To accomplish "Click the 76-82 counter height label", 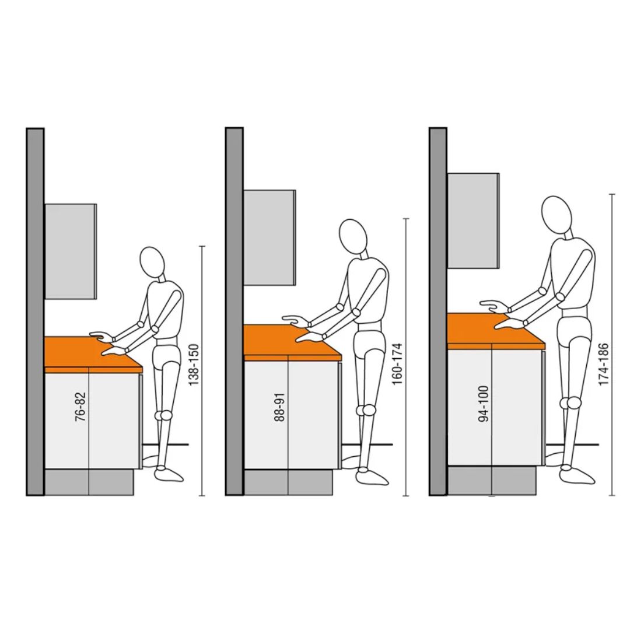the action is (80, 407).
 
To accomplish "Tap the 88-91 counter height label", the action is (279, 407).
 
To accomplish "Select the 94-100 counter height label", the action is (484, 404).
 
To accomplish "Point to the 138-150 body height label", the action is (194, 365).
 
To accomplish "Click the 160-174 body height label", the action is (397, 363).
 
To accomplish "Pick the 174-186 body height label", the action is (603, 364).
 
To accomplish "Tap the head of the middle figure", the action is (353, 236).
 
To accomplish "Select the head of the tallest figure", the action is (556, 215).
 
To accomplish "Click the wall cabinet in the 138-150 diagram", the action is (71, 251).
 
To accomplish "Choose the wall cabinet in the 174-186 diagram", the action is (473, 221).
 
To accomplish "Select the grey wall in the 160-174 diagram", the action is (235, 311).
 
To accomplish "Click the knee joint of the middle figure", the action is (367, 410).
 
